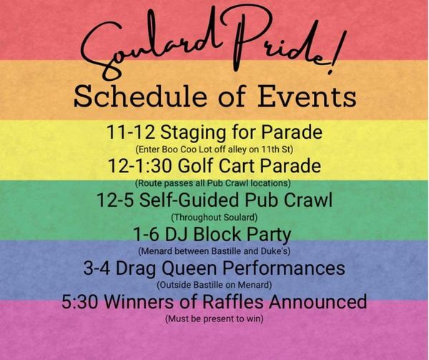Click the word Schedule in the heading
coord(140,96)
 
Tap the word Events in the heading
coord(307,96)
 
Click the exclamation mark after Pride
coord(337,52)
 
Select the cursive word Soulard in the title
coord(148,44)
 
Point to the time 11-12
coord(131,132)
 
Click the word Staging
coord(193,132)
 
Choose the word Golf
coord(196,165)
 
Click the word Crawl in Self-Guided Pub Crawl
coord(307,200)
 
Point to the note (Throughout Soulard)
coord(214,218)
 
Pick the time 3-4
coord(97,268)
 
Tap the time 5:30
coord(79,302)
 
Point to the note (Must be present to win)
coord(214,319)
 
